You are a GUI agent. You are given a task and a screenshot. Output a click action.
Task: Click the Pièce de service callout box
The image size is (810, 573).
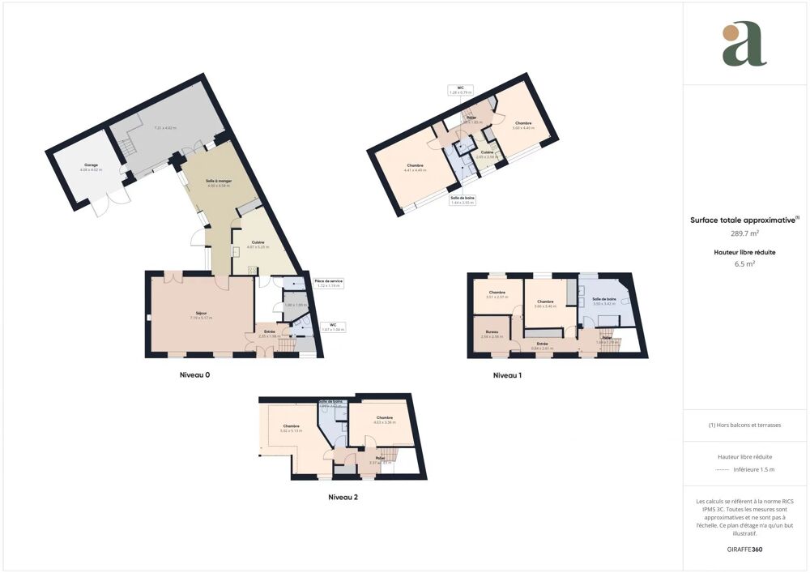click(x=329, y=284)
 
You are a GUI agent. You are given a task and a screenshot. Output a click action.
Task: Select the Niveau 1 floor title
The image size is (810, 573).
click(x=508, y=375)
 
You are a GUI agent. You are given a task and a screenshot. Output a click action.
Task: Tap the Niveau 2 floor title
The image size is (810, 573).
click(x=343, y=497)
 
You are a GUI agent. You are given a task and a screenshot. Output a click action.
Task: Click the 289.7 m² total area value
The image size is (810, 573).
click(x=744, y=233)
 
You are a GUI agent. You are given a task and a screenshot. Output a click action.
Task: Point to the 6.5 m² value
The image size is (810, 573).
click(x=744, y=263)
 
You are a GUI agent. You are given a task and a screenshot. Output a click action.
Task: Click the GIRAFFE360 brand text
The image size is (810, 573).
click(x=744, y=549)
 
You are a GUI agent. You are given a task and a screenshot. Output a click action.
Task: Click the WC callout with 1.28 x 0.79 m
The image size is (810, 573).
click(x=460, y=90)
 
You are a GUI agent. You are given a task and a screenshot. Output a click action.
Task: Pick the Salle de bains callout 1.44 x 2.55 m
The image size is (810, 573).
click(x=463, y=199)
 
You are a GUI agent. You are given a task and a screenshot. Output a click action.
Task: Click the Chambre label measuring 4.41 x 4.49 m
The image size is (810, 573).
click(x=414, y=168)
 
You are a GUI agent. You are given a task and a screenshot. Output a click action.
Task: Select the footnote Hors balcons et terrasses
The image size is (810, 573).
click(x=744, y=425)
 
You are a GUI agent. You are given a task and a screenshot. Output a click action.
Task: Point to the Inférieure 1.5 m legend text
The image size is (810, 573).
click(x=753, y=469)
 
